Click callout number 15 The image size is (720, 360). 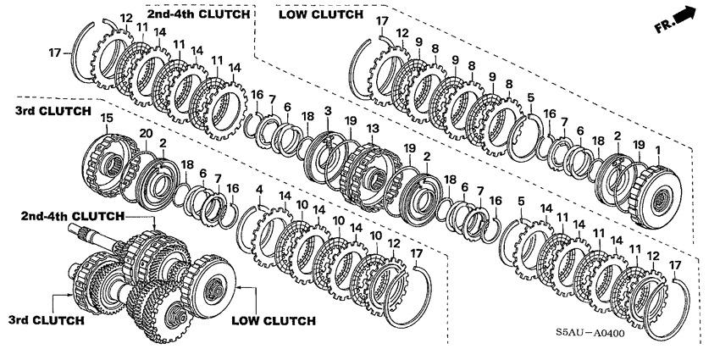[106, 117]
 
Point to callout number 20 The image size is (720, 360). [147, 133]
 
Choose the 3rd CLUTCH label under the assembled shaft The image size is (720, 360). [47, 320]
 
